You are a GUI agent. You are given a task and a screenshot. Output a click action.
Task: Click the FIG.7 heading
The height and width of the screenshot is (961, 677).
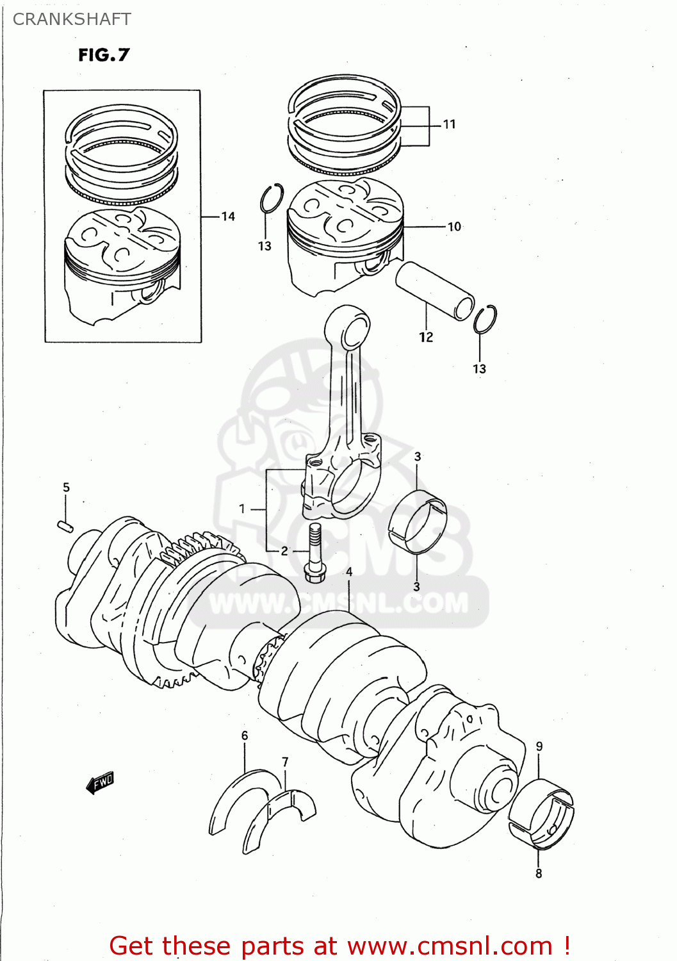click(x=104, y=55)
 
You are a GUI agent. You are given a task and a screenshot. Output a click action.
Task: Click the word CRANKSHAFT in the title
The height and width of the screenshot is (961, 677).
click(x=72, y=19)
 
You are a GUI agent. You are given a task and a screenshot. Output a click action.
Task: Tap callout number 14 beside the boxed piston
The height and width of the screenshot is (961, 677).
click(x=228, y=217)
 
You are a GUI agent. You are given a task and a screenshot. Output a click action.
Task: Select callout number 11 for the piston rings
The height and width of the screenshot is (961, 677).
click(x=450, y=124)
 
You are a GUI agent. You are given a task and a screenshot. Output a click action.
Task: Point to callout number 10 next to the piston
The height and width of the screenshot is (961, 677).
click(x=454, y=227)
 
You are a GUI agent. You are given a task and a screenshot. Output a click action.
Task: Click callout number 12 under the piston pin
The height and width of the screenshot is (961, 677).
click(x=426, y=337)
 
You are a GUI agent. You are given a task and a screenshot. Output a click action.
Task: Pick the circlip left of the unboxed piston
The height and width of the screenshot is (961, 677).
click(x=272, y=198)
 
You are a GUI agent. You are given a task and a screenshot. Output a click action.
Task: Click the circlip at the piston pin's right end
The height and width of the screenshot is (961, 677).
click(x=485, y=319)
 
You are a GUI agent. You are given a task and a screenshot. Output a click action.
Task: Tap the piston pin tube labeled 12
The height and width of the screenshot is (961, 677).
click(x=434, y=290)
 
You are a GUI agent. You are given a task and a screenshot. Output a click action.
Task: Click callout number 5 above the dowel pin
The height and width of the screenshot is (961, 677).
click(x=66, y=488)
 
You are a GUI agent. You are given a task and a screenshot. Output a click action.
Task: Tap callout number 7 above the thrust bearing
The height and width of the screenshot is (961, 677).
click(x=285, y=762)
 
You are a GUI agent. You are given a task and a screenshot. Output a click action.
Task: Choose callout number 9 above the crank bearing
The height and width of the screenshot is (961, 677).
click(x=539, y=746)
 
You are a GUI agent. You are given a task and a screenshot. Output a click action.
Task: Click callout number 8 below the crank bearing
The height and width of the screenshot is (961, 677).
click(x=539, y=873)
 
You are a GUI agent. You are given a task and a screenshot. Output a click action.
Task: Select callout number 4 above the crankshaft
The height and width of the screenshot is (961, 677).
click(x=349, y=572)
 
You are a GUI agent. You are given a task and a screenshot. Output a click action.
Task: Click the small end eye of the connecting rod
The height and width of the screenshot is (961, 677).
click(x=354, y=333)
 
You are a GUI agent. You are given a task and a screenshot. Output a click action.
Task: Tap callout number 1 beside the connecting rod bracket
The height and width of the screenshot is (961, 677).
click(x=242, y=509)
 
